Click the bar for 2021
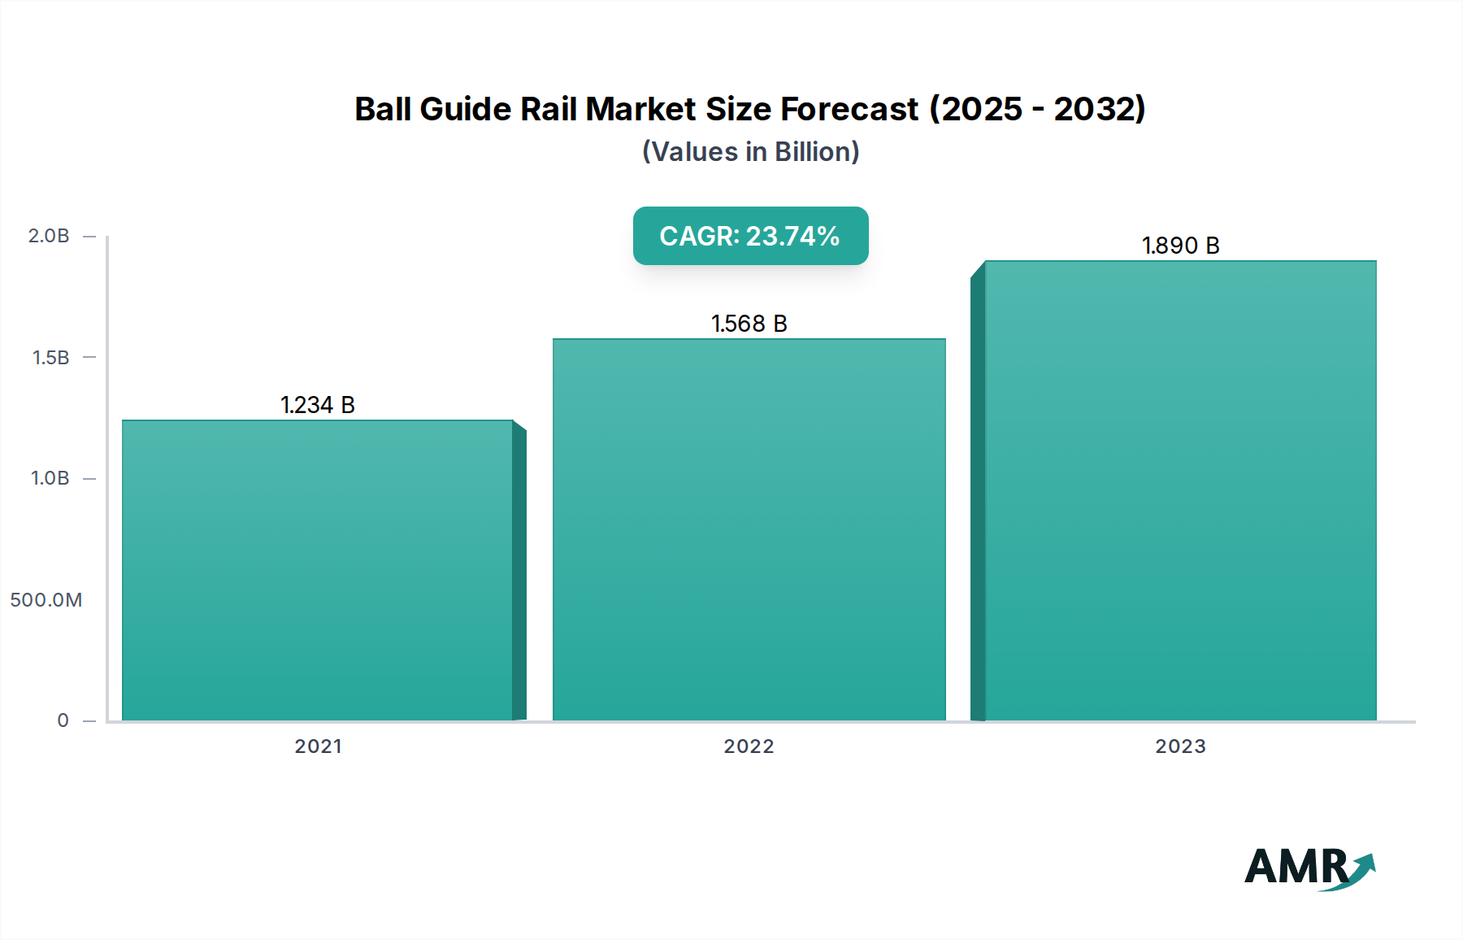coord(317,569)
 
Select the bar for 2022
coord(749,529)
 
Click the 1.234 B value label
coord(318,405)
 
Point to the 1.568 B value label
coord(749,324)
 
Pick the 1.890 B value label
coord(1180,246)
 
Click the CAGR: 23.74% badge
coord(750,236)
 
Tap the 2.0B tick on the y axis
coord(49,236)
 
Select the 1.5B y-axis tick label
coord(50,357)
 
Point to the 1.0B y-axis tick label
coord(50,478)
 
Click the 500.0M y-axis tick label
coord(46,600)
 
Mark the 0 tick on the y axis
coord(63,720)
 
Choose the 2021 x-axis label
coord(318,746)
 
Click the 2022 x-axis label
coord(749,746)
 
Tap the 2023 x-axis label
coord(1180,746)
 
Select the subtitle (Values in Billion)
coord(750,152)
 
